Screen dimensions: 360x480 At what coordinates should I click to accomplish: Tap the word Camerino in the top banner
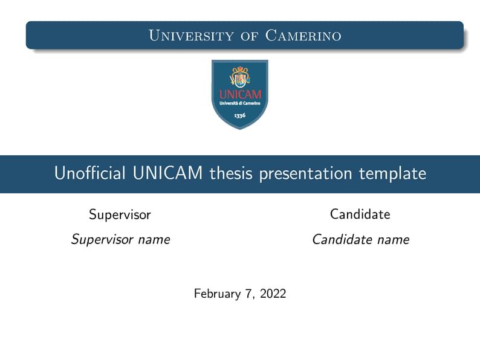303,36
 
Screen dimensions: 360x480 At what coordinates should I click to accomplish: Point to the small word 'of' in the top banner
250,36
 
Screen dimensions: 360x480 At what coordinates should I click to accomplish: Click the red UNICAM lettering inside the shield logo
240,94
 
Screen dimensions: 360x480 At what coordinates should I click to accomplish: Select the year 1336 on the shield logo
240,115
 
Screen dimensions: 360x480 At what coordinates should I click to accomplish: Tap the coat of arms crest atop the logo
240,77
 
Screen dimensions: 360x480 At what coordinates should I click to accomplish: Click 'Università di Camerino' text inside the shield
240,103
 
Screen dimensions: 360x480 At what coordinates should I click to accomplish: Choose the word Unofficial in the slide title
88,174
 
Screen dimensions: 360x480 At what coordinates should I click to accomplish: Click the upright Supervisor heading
120,214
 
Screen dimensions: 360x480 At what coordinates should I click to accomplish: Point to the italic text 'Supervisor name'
120,240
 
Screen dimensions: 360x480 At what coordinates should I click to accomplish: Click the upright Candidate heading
360,214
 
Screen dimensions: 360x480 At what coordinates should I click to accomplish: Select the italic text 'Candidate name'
360,240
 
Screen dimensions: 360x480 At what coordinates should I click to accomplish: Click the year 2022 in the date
273,294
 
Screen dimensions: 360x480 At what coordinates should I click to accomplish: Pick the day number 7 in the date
248,294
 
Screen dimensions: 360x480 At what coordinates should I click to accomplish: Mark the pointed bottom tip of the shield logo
240,128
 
